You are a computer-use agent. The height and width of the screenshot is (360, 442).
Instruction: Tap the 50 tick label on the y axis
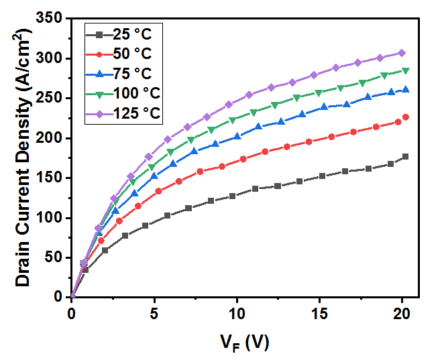55,257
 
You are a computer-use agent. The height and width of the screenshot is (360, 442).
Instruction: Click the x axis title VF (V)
245,342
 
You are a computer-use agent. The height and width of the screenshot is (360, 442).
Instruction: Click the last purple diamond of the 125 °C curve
402,52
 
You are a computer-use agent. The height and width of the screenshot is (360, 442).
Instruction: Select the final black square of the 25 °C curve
405,157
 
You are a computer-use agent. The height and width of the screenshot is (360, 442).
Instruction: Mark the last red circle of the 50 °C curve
405,117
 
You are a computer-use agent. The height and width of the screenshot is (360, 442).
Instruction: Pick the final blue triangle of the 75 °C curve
405,90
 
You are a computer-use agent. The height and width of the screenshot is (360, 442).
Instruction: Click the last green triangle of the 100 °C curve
405,70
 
